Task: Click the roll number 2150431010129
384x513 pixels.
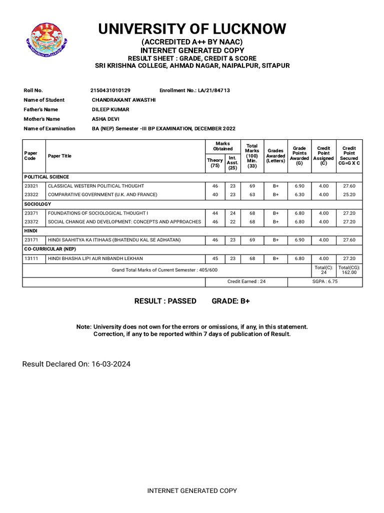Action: point(110,90)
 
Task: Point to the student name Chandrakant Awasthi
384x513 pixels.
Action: point(123,100)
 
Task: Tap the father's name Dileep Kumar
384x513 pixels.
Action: point(110,109)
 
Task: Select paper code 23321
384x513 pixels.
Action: point(31,186)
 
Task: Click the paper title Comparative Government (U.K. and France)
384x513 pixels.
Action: point(102,194)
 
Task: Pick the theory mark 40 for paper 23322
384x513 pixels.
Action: point(215,194)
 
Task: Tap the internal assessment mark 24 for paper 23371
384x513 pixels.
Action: point(232,213)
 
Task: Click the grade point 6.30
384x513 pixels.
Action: point(299,194)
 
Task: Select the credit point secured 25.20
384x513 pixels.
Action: point(349,194)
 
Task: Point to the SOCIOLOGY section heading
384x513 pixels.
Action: point(37,204)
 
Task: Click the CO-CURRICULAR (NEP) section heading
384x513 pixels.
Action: point(50,248)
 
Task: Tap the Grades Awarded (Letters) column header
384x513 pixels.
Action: point(275,155)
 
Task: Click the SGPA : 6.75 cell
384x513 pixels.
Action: point(325,282)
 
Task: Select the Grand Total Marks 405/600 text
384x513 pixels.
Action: point(164,270)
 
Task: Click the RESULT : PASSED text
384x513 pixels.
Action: point(165,301)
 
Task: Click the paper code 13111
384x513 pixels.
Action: point(31,258)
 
